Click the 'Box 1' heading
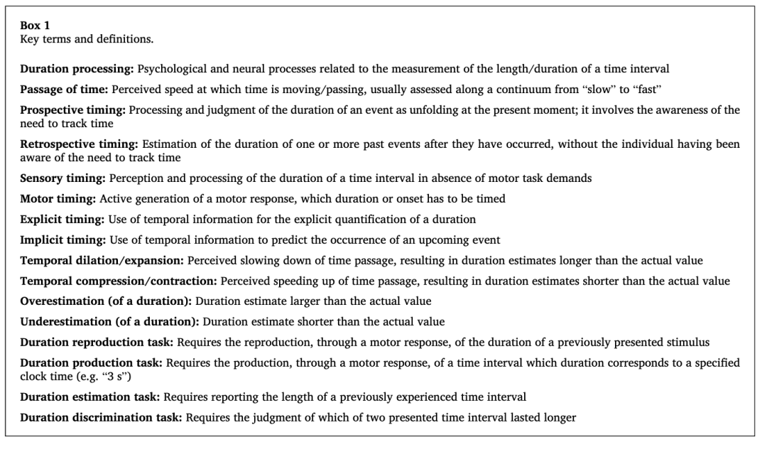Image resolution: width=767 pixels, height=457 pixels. (34, 25)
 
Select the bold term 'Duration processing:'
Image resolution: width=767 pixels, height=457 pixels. (77, 69)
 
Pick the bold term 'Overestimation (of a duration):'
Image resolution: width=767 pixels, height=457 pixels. (107, 301)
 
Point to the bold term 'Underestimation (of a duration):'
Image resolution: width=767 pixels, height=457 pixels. (111, 322)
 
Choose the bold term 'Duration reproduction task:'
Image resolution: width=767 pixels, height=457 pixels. (97, 343)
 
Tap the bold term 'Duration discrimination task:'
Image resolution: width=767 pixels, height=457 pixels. (102, 418)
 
